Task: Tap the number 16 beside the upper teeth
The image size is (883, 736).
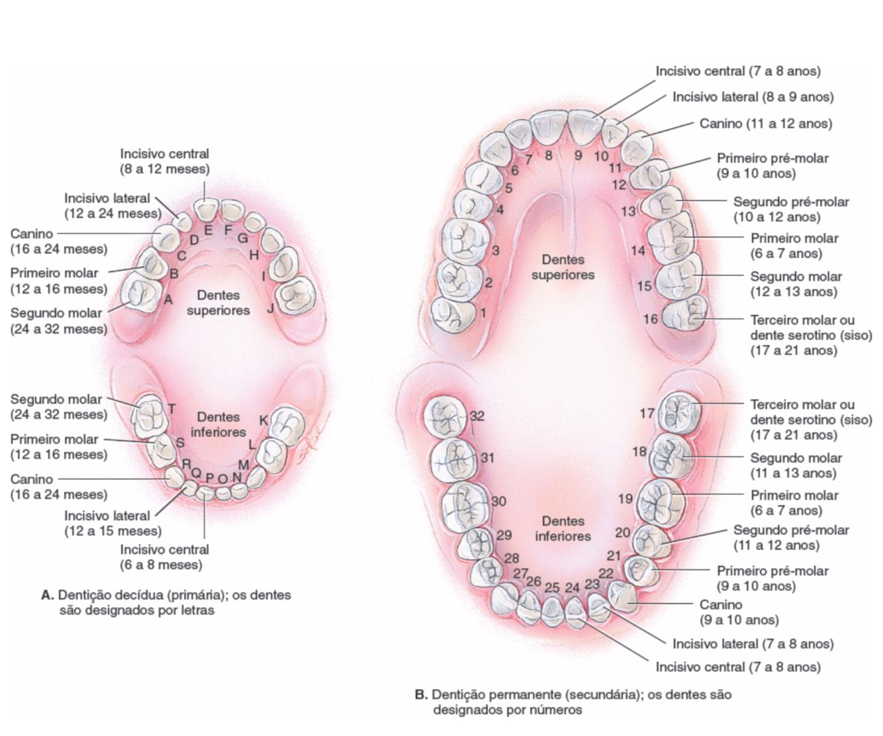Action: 651,319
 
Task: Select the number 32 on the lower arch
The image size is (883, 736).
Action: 477,416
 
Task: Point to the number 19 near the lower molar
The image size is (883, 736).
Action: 625,499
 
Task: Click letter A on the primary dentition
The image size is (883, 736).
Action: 168,300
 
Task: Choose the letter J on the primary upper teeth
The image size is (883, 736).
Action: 270,308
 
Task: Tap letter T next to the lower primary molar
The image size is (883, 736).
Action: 171,408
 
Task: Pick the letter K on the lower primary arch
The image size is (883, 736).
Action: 263,420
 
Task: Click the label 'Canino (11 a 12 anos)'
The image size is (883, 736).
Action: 766,124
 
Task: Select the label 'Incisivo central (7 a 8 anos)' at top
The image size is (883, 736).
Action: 738,71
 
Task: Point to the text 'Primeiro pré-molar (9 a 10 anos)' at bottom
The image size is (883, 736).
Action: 772,578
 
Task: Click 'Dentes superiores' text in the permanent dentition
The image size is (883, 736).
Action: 563,267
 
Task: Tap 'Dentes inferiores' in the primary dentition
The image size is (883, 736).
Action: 218,424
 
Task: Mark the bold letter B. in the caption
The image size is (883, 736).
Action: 421,695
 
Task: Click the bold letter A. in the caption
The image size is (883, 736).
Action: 48,595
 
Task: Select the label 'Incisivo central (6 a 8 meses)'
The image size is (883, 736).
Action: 164,557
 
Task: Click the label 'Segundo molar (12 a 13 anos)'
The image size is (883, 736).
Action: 795,284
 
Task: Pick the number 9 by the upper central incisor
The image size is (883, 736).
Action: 578,156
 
